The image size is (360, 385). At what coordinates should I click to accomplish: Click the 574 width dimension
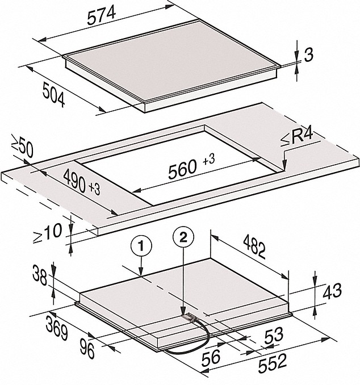(x=102, y=15)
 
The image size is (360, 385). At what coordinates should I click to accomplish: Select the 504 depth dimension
(x=54, y=94)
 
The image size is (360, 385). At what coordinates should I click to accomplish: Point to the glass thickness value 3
(x=309, y=55)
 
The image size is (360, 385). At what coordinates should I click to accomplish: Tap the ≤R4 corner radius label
(x=297, y=138)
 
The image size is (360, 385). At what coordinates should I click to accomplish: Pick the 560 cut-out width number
(x=182, y=169)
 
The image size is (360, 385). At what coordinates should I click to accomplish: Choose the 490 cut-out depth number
(x=74, y=181)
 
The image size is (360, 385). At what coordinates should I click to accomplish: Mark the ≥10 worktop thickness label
(x=47, y=233)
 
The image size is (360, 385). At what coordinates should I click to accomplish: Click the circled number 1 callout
(x=141, y=246)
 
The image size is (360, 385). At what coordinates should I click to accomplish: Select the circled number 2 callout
(x=183, y=237)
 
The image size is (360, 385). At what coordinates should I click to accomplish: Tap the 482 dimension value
(x=254, y=246)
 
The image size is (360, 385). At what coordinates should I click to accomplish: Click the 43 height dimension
(x=332, y=291)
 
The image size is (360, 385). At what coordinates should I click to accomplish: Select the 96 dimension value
(x=87, y=348)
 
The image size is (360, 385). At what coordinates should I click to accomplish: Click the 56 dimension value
(x=211, y=357)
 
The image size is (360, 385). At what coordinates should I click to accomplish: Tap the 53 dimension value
(x=274, y=336)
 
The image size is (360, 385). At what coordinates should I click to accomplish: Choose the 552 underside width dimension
(x=273, y=363)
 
